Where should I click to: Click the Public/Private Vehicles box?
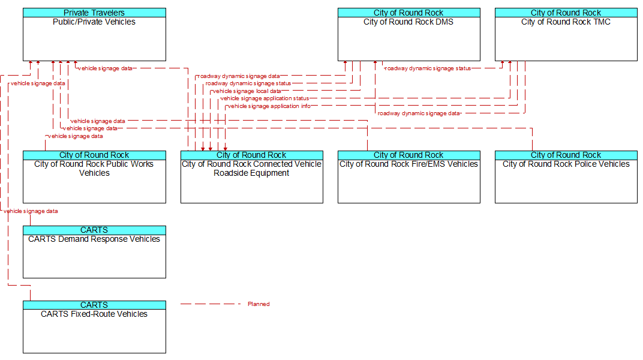point(94,34)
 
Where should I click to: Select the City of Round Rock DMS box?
point(409,34)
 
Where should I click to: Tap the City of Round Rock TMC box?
point(566,34)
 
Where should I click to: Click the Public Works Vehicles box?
point(94,177)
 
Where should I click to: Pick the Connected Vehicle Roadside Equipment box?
point(252,177)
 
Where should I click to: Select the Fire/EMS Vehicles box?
point(409,177)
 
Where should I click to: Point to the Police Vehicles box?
point(566,177)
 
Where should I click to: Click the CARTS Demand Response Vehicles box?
point(94,252)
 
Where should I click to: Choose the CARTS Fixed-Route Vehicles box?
point(94,327)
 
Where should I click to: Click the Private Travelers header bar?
point(94,13)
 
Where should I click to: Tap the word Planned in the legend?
point(259,304)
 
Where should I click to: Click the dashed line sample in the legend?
point(211,304)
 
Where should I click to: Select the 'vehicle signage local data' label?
point(247,91)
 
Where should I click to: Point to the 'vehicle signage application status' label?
point(265,98)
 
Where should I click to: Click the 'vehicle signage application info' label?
point(269,106)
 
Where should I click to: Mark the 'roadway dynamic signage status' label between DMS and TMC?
point(428,68)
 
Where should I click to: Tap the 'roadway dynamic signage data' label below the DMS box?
point(419,113)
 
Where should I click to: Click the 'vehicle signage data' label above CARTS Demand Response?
point(31,211)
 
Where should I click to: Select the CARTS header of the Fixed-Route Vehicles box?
point(94,305)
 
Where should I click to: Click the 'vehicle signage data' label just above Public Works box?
point(76,136)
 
